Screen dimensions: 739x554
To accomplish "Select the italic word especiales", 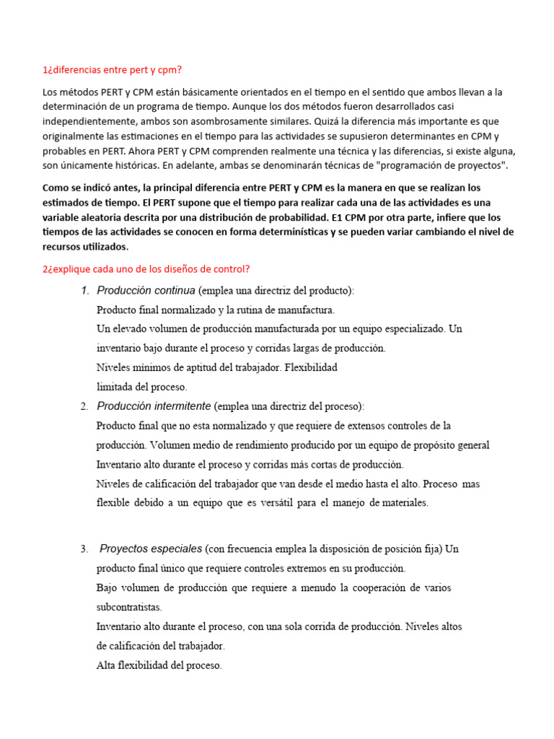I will [x=177, y=549].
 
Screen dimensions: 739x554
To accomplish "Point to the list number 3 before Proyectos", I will [x=84, y=549].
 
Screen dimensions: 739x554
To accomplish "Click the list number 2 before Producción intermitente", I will [x=84, y=406].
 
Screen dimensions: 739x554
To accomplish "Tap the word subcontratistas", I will [x=129, y=607].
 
